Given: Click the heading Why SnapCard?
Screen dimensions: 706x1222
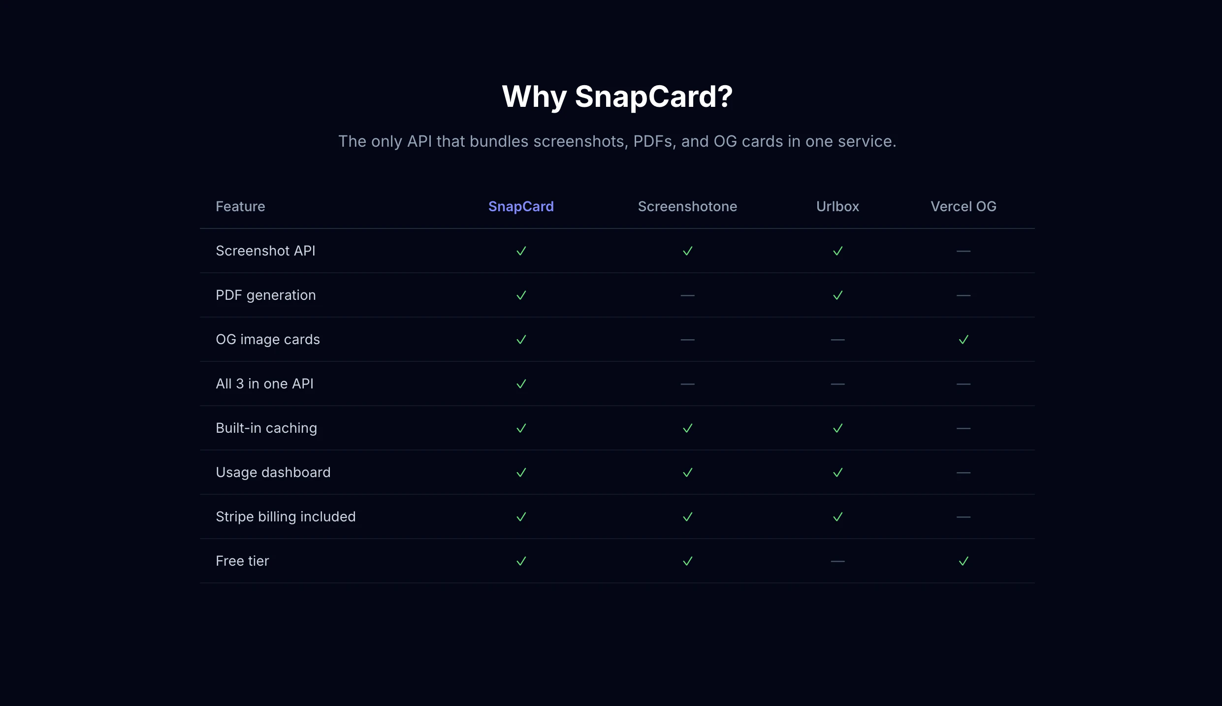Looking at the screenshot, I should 617,96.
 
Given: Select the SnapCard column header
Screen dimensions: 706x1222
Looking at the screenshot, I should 521,206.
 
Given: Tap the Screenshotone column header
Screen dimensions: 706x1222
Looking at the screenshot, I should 687,206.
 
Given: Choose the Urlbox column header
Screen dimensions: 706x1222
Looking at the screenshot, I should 837,206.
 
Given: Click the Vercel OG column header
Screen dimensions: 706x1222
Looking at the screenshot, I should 963,206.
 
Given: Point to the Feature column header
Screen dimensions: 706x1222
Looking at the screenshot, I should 240,206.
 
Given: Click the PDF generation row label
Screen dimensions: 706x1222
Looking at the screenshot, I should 266,295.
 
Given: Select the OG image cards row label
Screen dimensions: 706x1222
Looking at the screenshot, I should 268,340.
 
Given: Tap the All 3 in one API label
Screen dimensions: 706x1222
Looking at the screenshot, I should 264,384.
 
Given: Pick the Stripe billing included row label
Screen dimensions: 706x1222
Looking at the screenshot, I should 286,517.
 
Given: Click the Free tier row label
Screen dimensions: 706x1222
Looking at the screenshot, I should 242,561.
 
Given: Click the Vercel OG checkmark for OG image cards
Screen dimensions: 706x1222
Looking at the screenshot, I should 964,340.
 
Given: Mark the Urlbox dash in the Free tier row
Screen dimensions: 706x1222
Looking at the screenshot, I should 837,561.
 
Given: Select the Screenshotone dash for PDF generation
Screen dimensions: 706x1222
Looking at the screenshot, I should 687,295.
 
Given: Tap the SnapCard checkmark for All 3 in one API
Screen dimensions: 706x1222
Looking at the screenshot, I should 521,384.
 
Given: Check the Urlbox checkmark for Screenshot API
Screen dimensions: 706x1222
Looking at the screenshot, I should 837,251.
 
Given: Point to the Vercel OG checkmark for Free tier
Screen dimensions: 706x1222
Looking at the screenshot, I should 964,561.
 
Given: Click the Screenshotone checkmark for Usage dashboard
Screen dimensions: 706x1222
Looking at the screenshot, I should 687,473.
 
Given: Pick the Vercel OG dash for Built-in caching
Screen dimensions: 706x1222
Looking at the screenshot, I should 964,428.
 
